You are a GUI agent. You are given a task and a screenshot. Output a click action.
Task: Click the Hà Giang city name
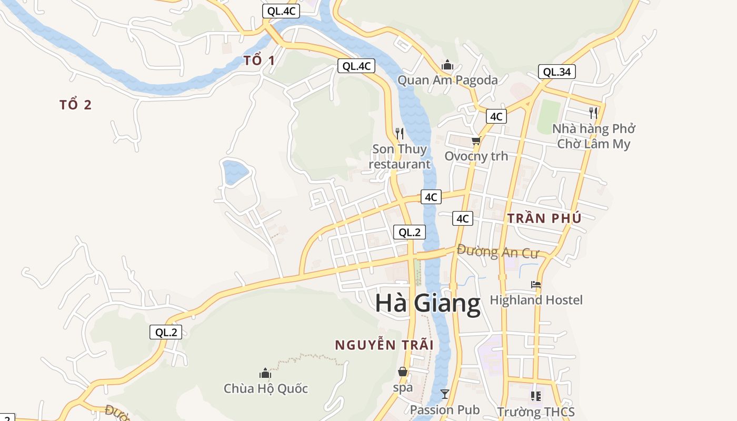coord(427,304)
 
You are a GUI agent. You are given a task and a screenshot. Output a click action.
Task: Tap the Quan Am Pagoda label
coord(447,81)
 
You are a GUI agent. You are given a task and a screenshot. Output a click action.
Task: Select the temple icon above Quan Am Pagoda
coord(447,65)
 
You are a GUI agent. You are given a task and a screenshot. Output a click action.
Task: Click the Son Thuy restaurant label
coord(400,156)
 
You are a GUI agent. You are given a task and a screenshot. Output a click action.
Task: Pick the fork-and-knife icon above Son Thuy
coord(400,134)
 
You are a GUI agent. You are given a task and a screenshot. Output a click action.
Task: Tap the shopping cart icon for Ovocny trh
coord(476,141)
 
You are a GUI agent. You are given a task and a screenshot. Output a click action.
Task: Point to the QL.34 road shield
coord(556,72)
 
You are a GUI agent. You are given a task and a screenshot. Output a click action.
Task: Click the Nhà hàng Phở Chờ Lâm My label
coord(593,136)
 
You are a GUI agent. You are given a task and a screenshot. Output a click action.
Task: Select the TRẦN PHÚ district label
coord(544,218)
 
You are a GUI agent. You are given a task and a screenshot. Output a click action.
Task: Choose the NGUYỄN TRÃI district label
coord(384,345)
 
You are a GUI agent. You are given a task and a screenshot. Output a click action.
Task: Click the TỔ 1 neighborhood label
coord(259,61)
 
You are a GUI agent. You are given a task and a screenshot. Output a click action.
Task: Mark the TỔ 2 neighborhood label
coord(76,105)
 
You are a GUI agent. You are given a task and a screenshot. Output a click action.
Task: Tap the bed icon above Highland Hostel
coord(536,285)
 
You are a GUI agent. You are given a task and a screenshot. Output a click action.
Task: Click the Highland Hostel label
coord(536,300)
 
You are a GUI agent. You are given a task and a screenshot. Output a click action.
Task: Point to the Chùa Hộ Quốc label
coord(265,389)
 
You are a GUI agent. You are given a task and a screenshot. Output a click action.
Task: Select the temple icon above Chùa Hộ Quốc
coord(265,373)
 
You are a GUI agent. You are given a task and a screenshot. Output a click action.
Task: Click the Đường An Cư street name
coord(497,252)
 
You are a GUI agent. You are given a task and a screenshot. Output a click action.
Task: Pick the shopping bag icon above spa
coord(403,372)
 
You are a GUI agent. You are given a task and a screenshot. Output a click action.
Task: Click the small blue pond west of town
coord(235,172)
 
